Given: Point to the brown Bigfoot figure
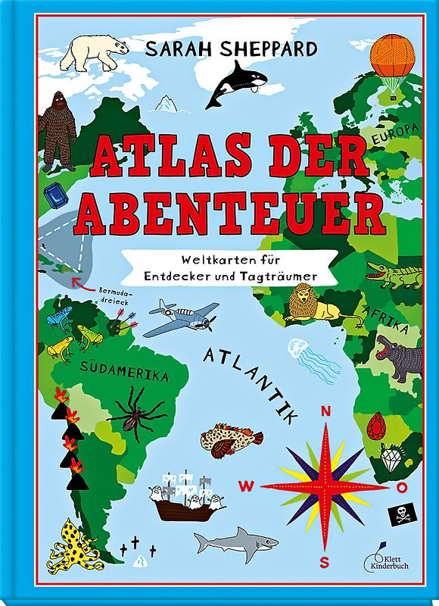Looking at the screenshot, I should pos(58,130).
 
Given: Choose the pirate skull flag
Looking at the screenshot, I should pos(399,516).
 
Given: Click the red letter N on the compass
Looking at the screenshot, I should pos(326,411).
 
